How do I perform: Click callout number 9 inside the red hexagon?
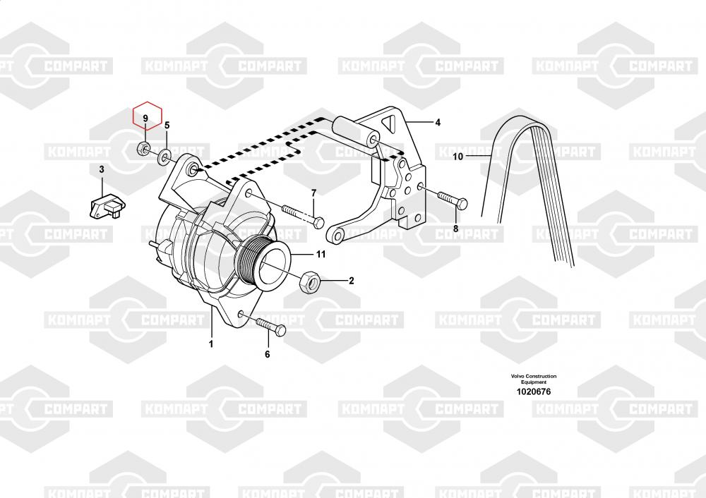(145, 119)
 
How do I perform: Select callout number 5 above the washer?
(167, 125)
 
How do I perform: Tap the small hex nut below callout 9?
(144, 147)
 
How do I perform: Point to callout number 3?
(102, 169)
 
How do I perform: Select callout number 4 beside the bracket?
(438, 122)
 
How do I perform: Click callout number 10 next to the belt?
(458, 157)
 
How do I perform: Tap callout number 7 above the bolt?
(314, 193)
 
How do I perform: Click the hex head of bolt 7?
(318, 222)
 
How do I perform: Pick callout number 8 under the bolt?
(455, 229)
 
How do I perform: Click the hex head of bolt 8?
(462, 204)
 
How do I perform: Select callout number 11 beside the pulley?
(321, 254)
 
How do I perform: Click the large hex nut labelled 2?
(310, 281)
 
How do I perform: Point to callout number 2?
(352, 281)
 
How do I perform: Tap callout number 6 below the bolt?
(268, 355)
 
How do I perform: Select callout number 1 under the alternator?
(210, 344)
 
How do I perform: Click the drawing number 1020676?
(534, 391)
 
